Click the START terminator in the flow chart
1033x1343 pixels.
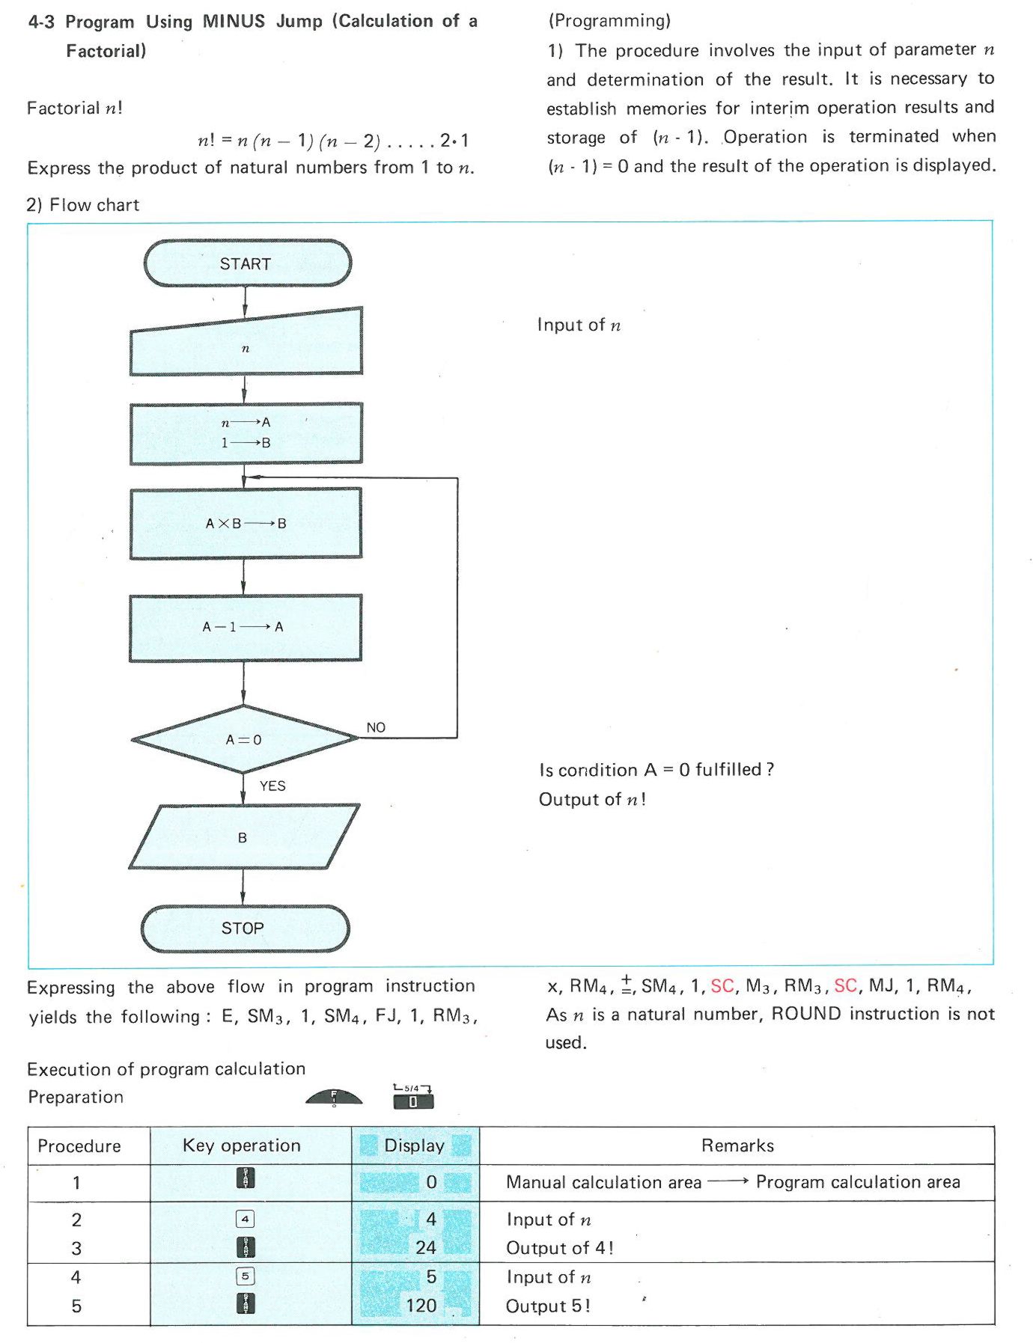click(246, 263)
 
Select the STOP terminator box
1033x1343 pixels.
click(244, 929)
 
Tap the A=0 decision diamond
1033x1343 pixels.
click(244, 739)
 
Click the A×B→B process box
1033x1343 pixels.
click(246, 524)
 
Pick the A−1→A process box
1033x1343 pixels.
click(245, 627)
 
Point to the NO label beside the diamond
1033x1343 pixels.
click(376, 727)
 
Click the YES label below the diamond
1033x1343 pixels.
click(272, 786)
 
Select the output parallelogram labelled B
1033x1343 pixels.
click(243, 837)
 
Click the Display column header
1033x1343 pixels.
click(415, 1145)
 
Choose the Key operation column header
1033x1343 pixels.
click(242, 1145)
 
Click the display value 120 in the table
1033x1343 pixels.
click(421, 1306)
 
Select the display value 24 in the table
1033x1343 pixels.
click(426, 1247)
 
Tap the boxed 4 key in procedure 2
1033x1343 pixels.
click(246, 1219)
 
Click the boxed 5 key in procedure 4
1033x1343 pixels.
click(246, 1276)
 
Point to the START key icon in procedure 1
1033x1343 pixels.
click(246, 1178)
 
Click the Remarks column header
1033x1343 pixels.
click(737, 1145)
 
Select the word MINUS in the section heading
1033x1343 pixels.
click(234, 21)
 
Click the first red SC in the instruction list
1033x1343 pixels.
click(722, 986)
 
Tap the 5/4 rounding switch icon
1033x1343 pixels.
click(412, 1097)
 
